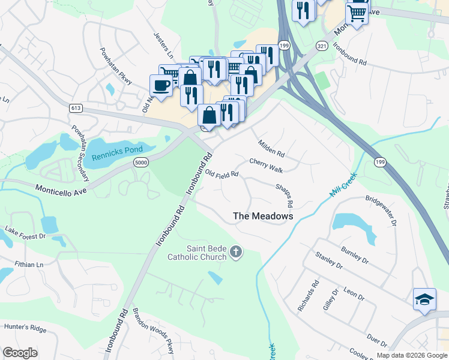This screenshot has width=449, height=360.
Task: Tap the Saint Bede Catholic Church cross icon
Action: [x=236, y=252]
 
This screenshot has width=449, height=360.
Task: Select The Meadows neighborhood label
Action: [x=263, y=216]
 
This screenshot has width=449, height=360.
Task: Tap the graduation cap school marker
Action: [x=424, y=299]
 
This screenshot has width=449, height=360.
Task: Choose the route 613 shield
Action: [x=76, y=108]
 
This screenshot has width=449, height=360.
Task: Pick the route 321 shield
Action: [x=322, y=46]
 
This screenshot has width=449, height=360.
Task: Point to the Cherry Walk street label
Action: [x=266, y=166]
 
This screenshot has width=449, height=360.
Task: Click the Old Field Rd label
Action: [x=222, y=174]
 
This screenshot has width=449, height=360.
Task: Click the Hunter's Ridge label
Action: [x=25, y=328]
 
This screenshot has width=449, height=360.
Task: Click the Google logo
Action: [x=20, y=352]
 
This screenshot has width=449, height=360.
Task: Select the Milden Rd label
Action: [x=271, y=149]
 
